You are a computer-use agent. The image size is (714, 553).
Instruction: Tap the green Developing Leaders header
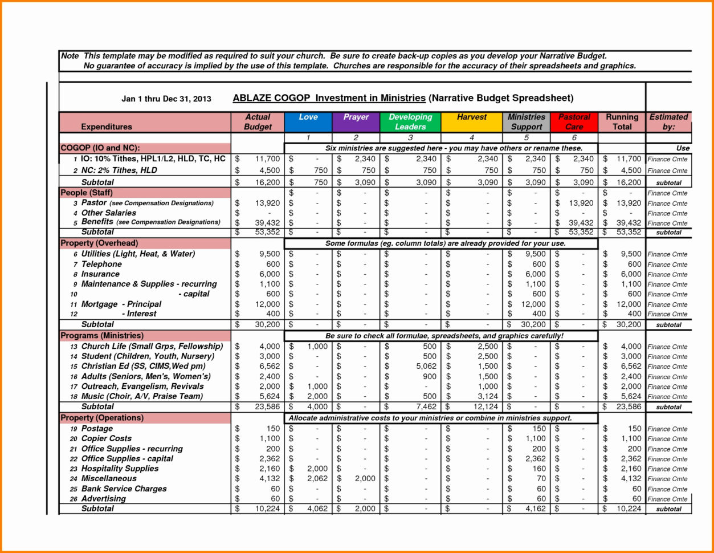coord(410,122)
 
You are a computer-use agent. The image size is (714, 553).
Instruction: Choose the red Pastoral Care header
coord(574,122)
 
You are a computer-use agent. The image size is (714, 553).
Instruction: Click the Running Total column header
coord(622,122)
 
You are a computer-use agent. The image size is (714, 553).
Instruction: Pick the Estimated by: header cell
coord(668,122)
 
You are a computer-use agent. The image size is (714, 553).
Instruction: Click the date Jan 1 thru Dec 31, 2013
coord(166,99)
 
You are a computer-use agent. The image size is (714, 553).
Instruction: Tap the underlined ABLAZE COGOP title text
coord(329,98)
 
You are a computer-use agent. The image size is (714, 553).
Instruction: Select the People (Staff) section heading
coord(87,193)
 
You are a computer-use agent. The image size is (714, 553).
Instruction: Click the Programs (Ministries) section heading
coord(102,336)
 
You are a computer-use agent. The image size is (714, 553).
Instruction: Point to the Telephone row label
coord(101,264)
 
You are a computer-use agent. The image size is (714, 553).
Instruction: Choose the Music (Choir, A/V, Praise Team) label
coord(141,396)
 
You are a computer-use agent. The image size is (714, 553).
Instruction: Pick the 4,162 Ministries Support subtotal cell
coord(535,509)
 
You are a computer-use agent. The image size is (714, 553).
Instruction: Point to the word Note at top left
coord(70,56)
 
